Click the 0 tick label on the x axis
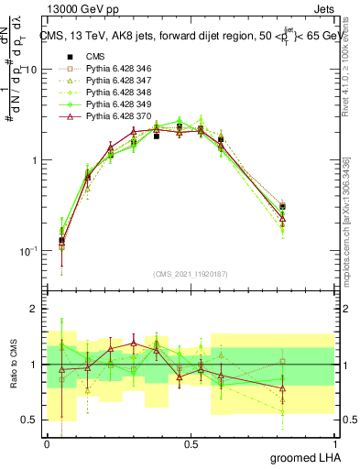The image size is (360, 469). tap(47, 443)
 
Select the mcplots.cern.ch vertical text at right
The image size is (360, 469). tap(350, 220)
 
